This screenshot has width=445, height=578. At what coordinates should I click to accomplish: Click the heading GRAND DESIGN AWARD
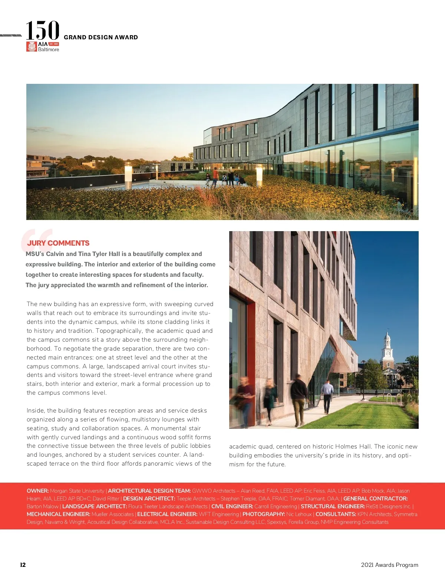(x=100, y=37)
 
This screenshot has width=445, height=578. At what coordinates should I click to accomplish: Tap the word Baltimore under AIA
(x=49, y=49)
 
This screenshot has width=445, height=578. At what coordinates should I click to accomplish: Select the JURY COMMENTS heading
(x=58, y=243)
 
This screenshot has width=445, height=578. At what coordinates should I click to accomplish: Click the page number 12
(x=23, y=565)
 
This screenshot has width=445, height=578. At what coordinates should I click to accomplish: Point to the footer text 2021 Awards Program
(x=389, y=565)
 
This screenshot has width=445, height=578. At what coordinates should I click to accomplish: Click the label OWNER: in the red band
(x=37, y=491)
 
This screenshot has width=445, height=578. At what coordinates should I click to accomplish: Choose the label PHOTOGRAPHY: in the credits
(x=264, y=514)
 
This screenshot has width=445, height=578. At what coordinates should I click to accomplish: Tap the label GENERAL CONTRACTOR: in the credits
(x=375, y=499)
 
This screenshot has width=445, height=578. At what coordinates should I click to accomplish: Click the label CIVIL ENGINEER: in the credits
(x=232, y=506)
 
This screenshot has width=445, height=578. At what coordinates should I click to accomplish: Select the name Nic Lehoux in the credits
(x=299, y=514)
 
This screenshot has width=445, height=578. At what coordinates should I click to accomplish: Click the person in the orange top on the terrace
(x=215, y=176)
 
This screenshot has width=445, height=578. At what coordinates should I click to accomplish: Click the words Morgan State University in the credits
(x=77, y=491)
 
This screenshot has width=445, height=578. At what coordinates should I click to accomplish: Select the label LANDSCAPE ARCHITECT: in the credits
(x=95, y=506)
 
